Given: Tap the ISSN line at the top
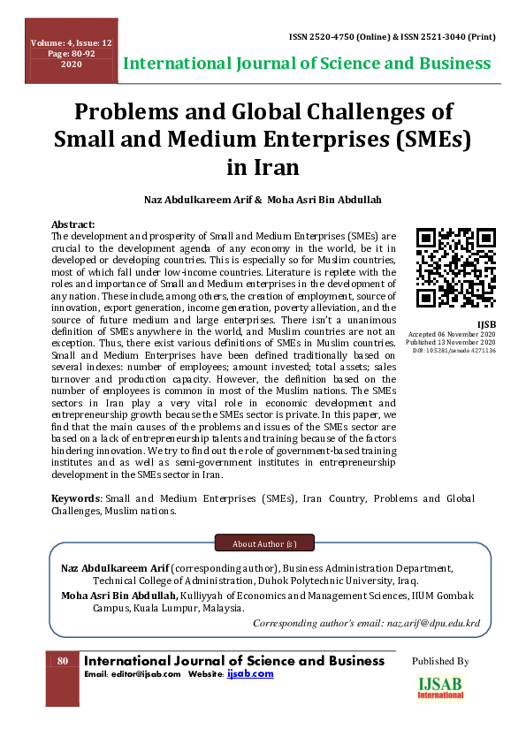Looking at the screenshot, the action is click(x=392, y=37).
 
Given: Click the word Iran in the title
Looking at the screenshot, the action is click(x=263, y=167).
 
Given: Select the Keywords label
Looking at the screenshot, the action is click(x=74, y=499).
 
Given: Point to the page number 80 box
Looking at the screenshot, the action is click(x=63, y=661).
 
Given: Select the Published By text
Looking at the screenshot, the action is click(x=440, y=661).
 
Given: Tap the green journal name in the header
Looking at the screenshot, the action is click(x=308, y=64).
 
